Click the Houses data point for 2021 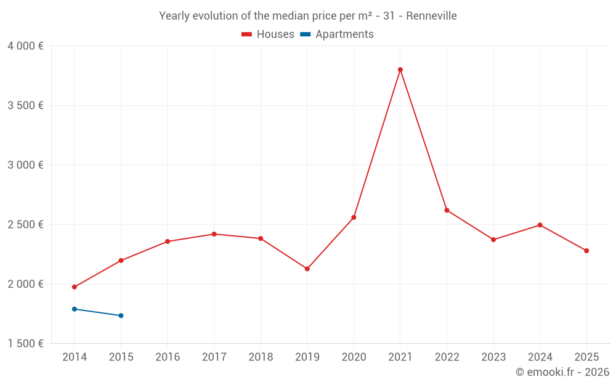click(400, 70)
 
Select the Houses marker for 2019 click(307, 269)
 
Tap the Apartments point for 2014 click(75, 309)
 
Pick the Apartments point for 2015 click(121, 315)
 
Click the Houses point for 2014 click(75, 287)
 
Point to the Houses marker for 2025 click(586, 251)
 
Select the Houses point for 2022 click(447, 210)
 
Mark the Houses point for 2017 click(214, 234)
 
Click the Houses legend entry click(268, 34)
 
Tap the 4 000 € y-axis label click(25, 46)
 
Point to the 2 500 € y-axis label click(25, 224)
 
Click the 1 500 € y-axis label click(25, 344)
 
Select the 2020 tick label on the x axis click(354, 357)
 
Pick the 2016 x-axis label click(168, 357)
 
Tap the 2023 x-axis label click(493, 357)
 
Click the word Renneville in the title click(431, 16)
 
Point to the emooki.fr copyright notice click(562, 372)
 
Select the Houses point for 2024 click(540, 225)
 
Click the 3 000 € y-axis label click(25, 165)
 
